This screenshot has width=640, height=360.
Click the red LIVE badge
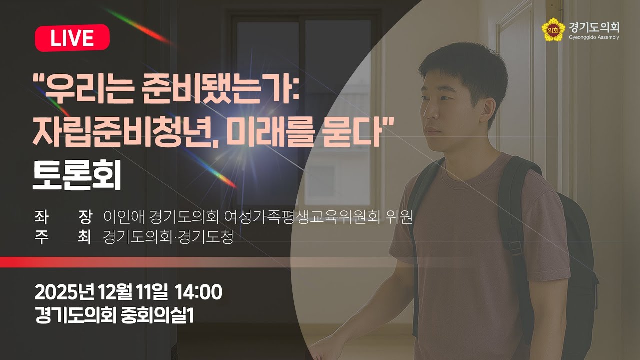coord(72,38)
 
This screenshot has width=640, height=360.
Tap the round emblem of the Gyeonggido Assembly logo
coord(551,30)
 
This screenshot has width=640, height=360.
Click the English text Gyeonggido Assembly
coord(594,37)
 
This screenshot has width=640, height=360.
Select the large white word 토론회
coord(77,177)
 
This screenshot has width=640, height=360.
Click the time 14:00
coord(198,292)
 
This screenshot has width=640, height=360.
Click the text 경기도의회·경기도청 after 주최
coord(168,237)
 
